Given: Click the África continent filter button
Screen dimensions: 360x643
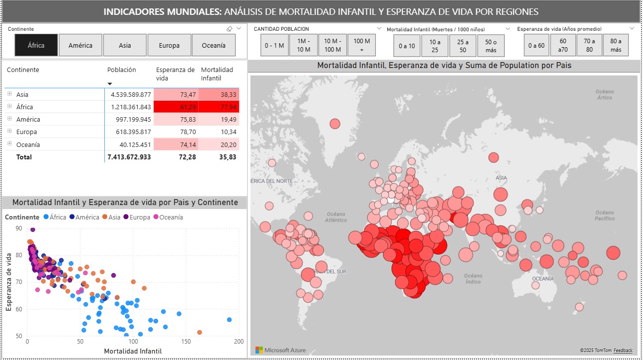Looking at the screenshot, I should coord(36,45).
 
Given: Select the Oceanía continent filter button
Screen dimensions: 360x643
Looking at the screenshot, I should coord(213,45).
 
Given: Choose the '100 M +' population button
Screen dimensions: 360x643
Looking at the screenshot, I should coord(362,45).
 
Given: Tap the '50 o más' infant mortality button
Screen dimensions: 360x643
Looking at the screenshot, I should coord(491,46).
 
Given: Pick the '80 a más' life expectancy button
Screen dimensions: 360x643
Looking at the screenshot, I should coord(616,45).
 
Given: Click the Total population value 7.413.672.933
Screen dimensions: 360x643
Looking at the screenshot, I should coord(129,157).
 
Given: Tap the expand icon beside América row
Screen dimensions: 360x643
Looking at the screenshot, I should coord(9,119).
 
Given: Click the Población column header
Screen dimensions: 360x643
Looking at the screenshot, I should coord(121,70).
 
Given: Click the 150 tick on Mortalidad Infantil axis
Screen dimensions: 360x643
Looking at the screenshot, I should coord(186,342).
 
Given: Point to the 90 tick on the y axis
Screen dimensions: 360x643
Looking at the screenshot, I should coord(19,228).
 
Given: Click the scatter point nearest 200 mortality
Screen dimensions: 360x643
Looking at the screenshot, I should coord(229,320).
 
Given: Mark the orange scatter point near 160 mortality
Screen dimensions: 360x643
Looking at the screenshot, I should coord(199,332).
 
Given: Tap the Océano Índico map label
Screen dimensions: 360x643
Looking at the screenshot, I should coord(473,279).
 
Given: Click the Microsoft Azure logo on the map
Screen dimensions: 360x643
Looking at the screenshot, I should coord(281,350).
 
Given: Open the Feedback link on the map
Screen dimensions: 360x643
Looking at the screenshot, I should coord(623,350).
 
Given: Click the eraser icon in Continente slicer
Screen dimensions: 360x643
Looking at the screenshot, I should coord(229,29).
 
